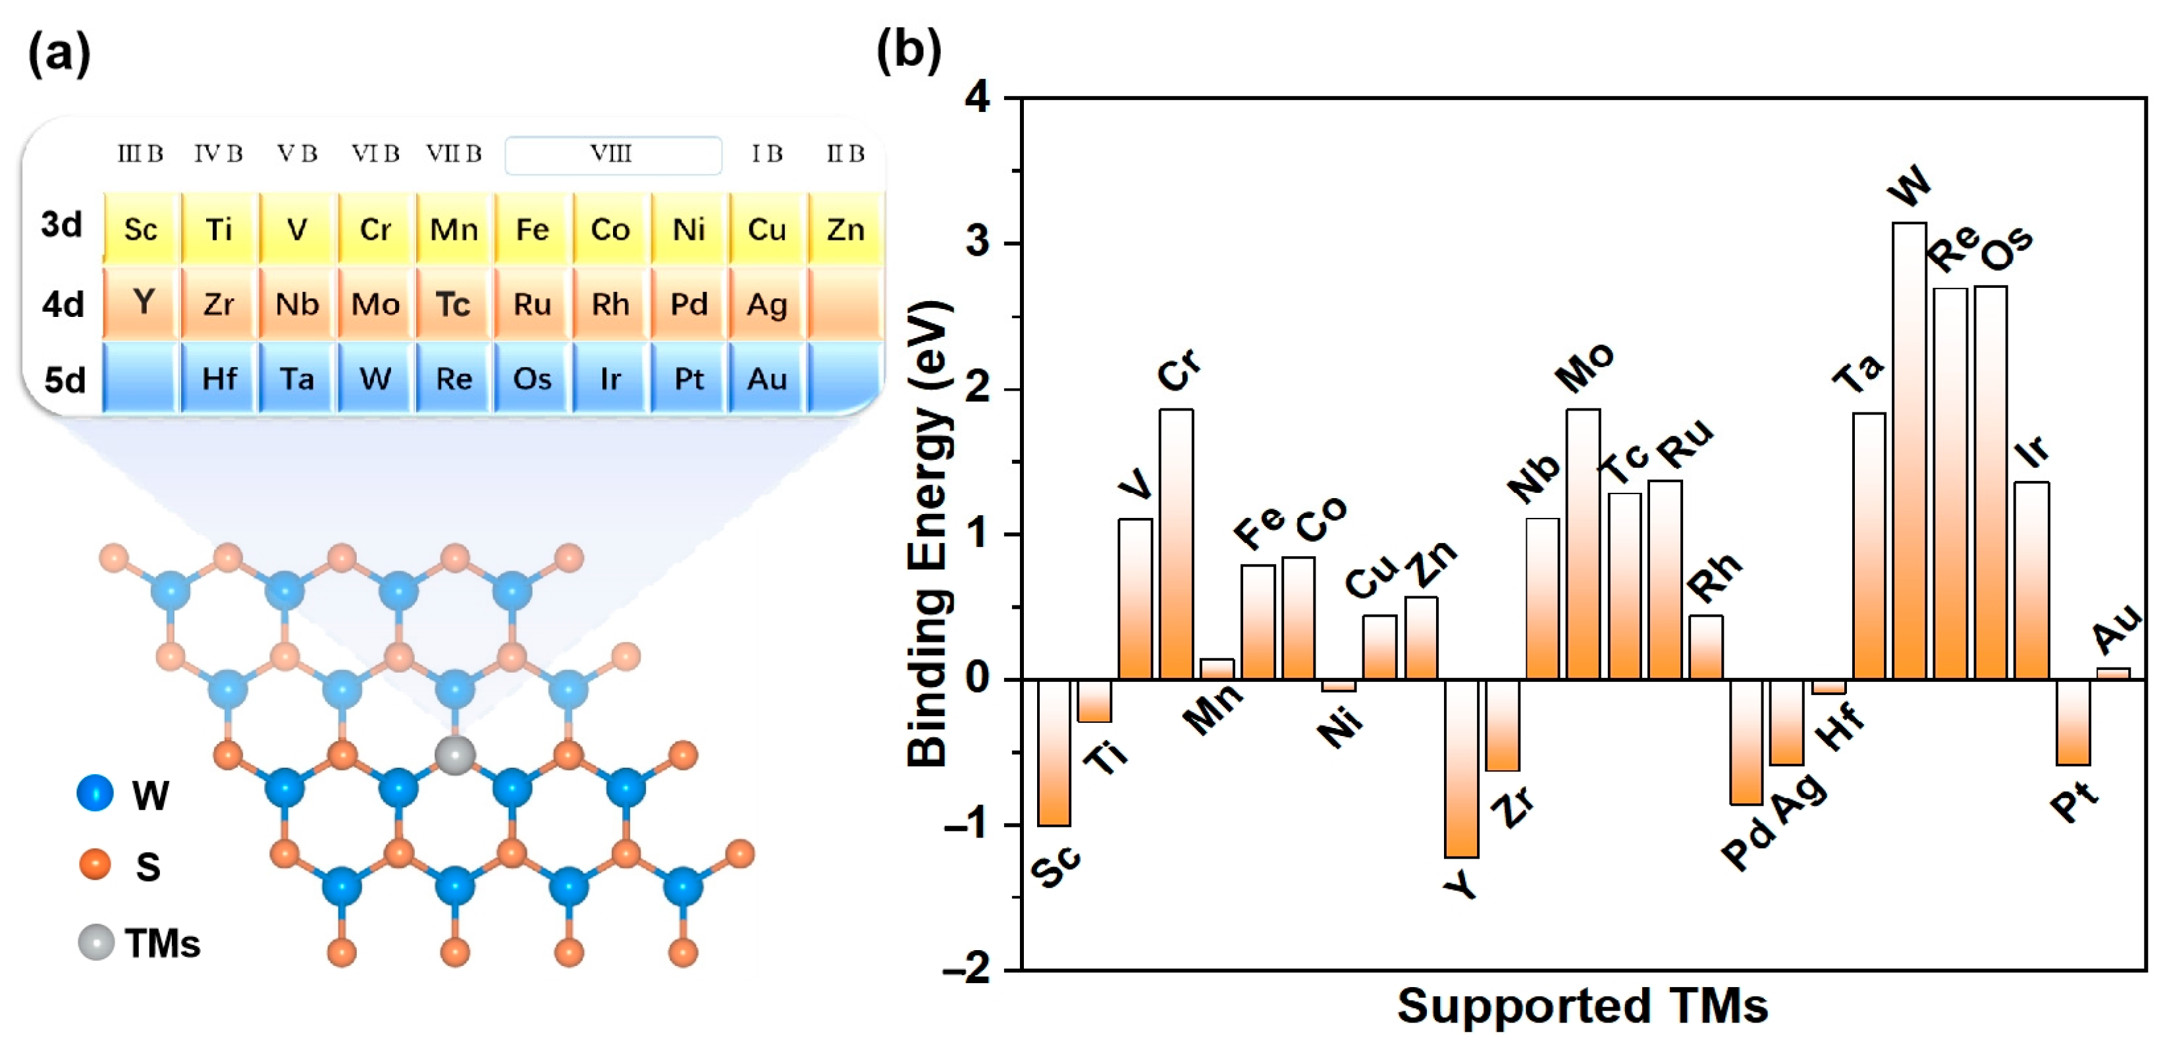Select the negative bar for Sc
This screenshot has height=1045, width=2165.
[1054, 752]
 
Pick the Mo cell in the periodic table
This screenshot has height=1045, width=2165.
[375, 304]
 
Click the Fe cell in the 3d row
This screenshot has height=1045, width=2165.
[532, 229]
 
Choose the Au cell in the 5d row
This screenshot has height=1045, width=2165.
[766, 378]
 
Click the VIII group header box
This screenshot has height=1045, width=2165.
[612, 155]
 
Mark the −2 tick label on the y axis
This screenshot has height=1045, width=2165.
[967, 969]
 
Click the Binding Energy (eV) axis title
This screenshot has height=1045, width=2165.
[930, 533]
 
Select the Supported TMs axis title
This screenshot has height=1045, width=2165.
[1582, 1005]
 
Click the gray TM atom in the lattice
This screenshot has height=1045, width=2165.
[455, 755]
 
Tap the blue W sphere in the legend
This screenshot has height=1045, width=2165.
[95, 793]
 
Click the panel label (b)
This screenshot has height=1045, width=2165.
[909, 51]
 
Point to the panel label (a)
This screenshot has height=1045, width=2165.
[59, 55]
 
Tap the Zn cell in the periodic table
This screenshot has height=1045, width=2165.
[845, 229]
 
